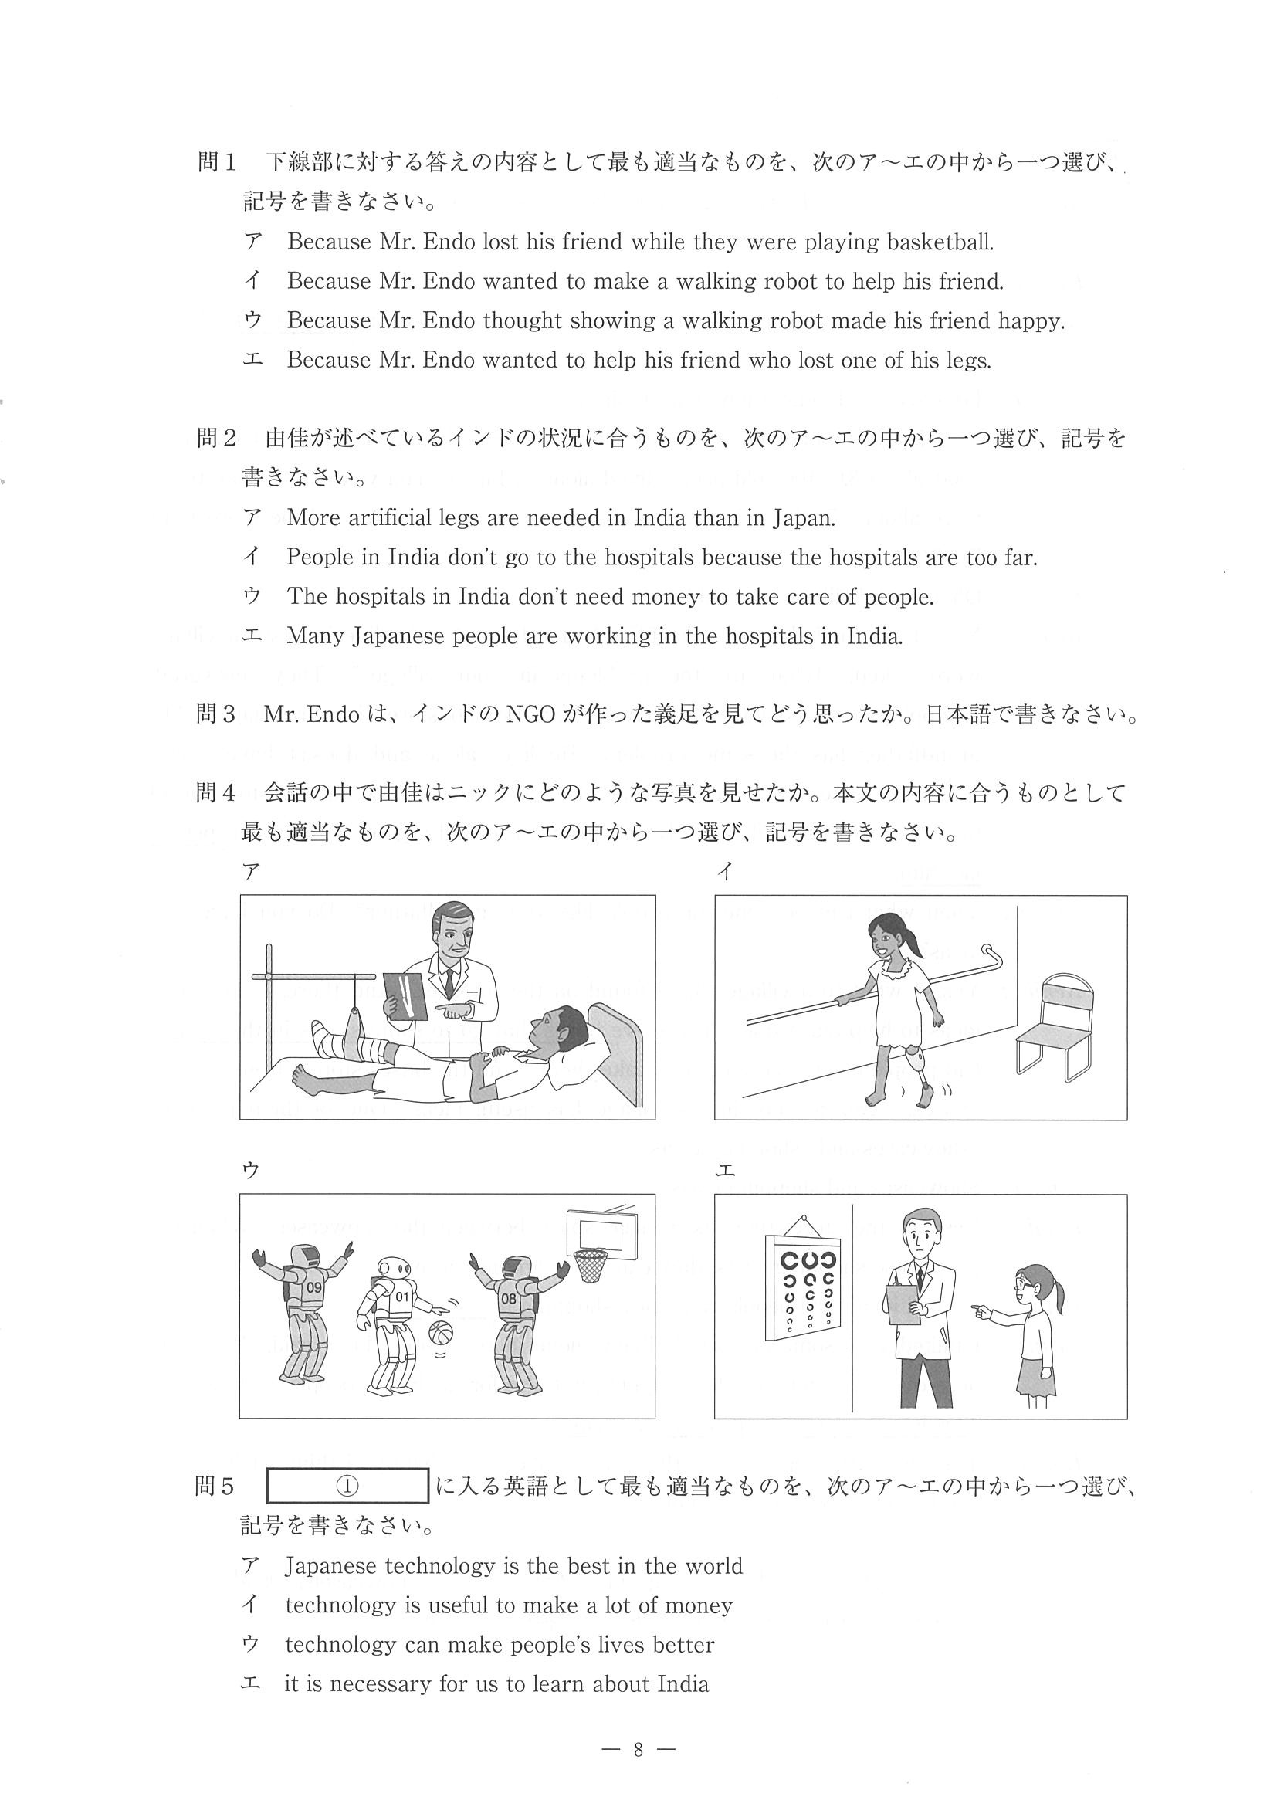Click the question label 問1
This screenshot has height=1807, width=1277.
click(x=216, y=163)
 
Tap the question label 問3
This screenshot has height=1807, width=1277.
click(x=215, y=714)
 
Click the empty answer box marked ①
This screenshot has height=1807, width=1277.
click(x=347, y=1486)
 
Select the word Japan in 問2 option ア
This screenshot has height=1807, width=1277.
click(x=801, y=518)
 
